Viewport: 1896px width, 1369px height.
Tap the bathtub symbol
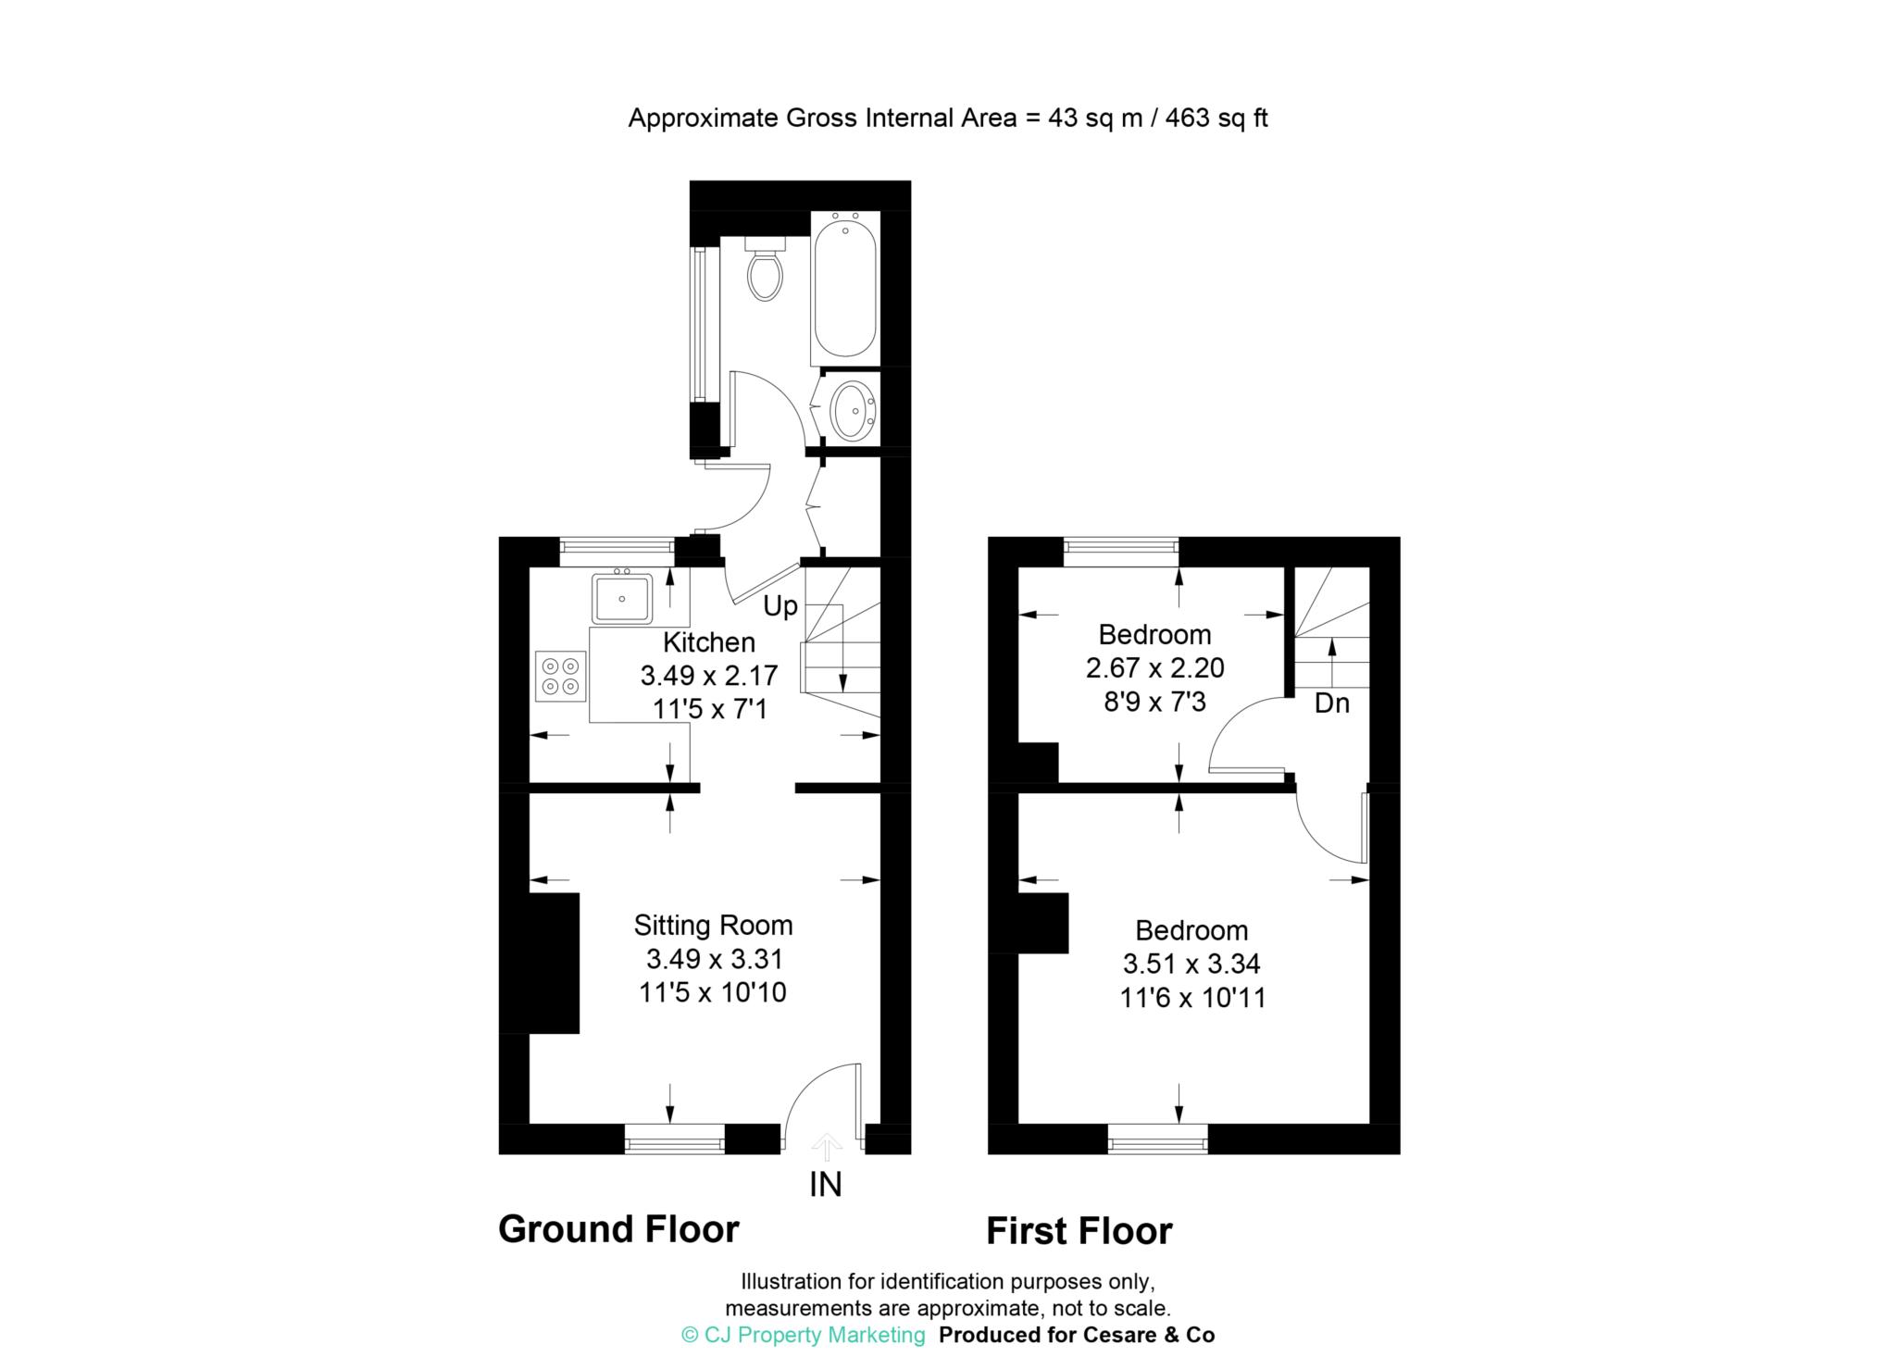click(843, 289)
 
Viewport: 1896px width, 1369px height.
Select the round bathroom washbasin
click(852, 409)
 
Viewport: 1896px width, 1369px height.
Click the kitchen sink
click(622, 598)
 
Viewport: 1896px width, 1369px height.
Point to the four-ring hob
click(561, 676)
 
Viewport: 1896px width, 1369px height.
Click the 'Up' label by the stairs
click(780, 606)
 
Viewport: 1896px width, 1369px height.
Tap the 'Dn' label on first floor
click(1331, 704)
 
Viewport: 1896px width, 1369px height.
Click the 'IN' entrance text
click(826, 1185)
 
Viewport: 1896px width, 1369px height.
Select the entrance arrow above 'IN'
click(826, 1148)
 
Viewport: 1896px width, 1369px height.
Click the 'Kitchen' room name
click(709, 642)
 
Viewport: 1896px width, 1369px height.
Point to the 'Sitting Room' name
click(713, 925)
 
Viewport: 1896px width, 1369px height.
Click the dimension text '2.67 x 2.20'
click(1154, 668)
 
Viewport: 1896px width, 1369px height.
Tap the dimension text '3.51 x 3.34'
click(1191, 965)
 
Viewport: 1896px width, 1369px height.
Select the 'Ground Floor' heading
click(618, 1229)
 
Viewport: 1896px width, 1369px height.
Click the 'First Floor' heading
click(1079, 1231)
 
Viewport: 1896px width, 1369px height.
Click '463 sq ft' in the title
click(1216, 118)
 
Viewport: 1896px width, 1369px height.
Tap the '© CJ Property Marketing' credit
click(803, 1335)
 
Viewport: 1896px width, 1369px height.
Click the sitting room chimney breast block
click(553, 963)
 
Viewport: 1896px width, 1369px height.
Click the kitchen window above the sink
click(617, 553)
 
